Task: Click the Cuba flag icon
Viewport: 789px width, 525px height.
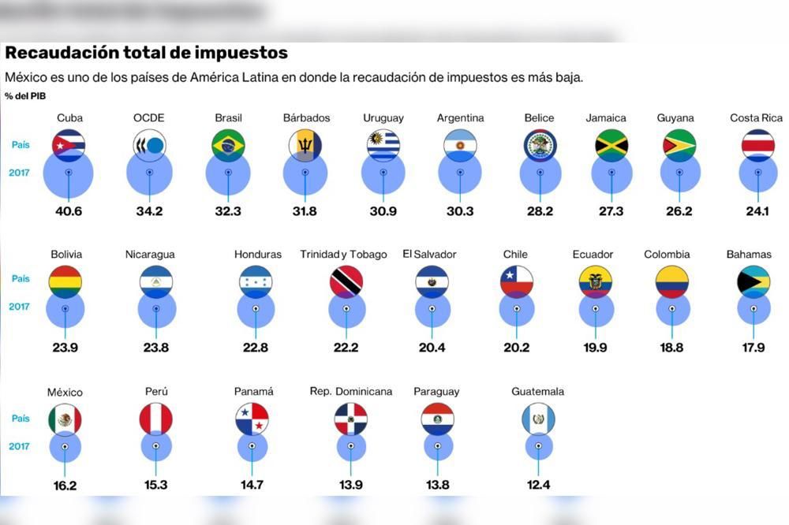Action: (69, 145)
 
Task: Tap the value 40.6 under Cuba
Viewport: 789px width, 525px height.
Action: (69, 211)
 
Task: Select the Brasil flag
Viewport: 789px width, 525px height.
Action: (228, 145)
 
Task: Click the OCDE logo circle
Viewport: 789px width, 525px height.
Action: (149, 145)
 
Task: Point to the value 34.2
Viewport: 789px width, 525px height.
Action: (149, 211)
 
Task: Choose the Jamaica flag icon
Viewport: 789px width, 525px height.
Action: (611, 145)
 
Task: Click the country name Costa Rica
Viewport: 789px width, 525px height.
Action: (756, 118)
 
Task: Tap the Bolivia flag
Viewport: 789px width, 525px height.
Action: (65, 282)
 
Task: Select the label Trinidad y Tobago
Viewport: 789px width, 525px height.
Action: (343, 255)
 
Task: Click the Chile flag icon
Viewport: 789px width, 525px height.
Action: (516, 281)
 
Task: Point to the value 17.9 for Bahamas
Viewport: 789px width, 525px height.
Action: (753, 348)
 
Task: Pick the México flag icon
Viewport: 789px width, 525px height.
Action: (65, 419)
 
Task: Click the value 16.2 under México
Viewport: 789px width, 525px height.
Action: (65, 486)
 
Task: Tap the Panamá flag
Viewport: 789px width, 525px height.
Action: (252, 419)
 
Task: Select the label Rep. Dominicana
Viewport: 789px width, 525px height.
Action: (351, 392)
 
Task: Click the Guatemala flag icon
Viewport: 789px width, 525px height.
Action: (538, 419)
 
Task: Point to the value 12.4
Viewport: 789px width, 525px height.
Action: (538, 485)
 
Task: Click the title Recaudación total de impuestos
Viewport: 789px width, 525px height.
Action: (146, 54)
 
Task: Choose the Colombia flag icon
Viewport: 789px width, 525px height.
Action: (672, 282)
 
